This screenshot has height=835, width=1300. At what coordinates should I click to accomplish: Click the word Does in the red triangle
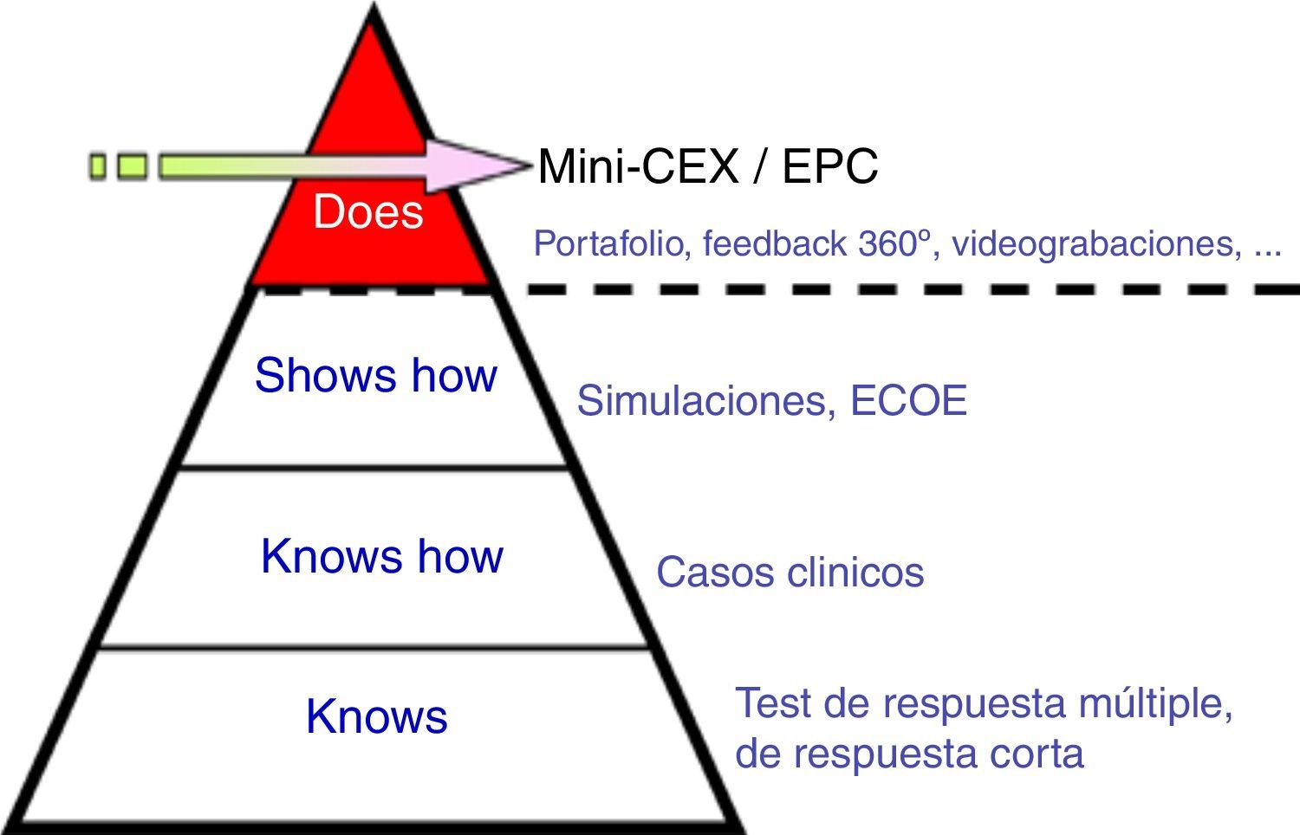[x=368, y=212]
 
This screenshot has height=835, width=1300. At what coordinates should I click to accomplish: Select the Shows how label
[x=375, y=376]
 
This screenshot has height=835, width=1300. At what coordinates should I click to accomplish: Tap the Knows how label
[x=381, y=556]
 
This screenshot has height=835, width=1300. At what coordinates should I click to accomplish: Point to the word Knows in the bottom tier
[x=376, y=717]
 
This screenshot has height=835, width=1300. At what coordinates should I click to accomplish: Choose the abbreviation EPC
[x=829, y=166]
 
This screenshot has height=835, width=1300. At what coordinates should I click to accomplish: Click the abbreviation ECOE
[x=908, y=401]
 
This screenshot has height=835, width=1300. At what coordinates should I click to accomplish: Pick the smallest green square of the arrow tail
[x=98, y=165]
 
